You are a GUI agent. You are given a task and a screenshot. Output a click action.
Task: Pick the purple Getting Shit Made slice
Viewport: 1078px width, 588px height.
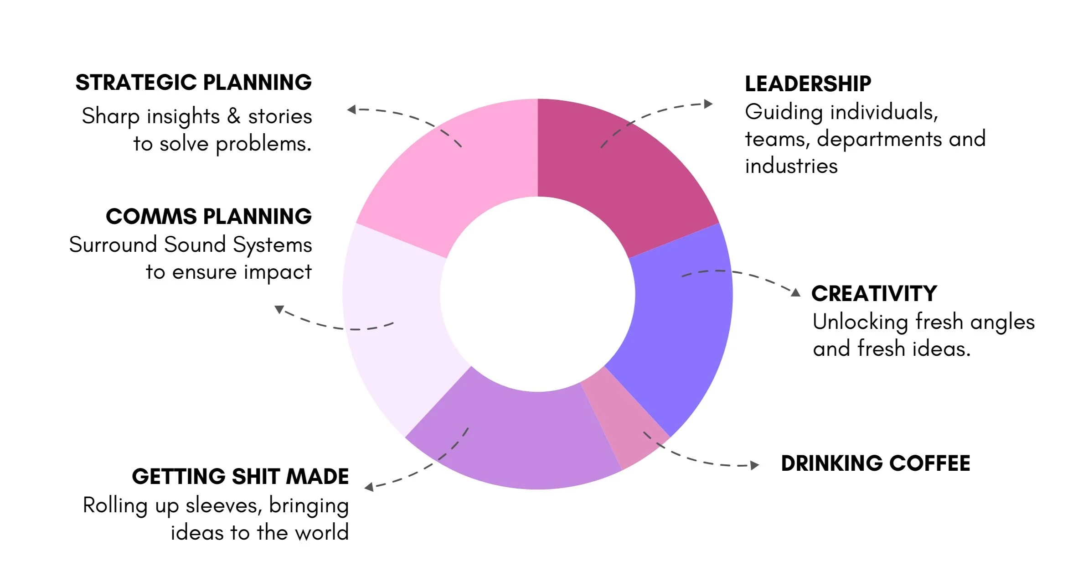coord(515,438)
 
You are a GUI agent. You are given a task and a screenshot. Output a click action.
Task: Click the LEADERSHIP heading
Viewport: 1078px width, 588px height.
coord(808,84)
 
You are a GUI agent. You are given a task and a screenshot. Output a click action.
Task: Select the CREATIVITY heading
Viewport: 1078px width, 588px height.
coord(874,293)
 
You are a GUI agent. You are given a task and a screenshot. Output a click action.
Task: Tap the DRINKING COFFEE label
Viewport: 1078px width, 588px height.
coord(875,463)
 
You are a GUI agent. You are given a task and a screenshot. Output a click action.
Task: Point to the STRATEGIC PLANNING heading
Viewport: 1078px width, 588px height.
coord(194,83)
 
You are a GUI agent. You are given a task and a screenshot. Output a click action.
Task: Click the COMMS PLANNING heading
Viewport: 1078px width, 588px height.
coord(209,216)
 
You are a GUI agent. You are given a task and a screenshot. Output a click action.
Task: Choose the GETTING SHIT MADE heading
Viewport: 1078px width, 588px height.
coord(240,477)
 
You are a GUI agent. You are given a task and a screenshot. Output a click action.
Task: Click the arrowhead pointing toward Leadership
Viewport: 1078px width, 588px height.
coord(708,104)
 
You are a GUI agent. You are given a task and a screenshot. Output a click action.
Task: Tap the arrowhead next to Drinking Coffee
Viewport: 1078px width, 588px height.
coord(755,465)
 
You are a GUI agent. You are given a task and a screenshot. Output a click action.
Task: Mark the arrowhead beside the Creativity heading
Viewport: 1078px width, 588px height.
coord(795,292)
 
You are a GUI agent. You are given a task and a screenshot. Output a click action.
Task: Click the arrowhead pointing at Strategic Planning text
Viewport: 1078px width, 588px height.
coord(351,109)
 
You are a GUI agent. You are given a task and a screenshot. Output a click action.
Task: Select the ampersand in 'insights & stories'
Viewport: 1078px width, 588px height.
coord(233,116)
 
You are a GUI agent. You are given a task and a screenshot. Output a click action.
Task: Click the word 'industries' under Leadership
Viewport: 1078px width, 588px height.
coord(791,166)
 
